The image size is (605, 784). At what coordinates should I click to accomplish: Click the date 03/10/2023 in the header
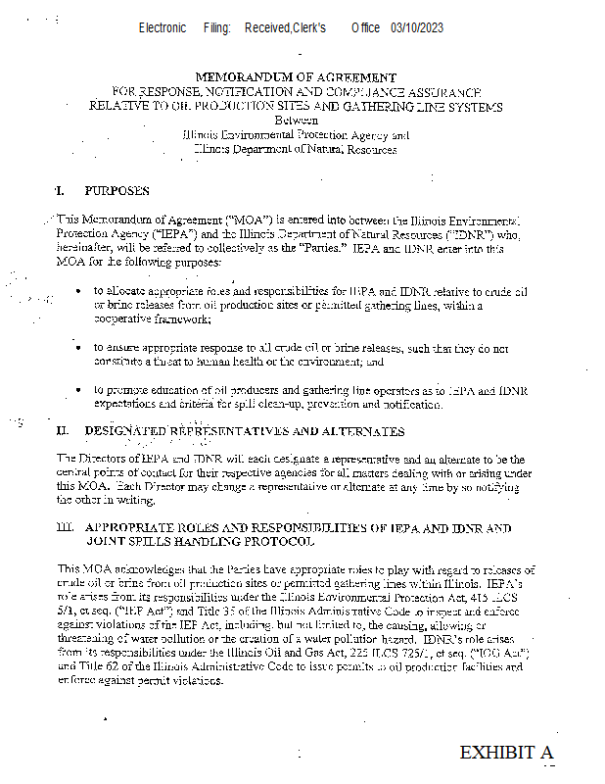(x=416, y=28)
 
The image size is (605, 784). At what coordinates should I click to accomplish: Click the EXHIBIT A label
(x=506, y=753)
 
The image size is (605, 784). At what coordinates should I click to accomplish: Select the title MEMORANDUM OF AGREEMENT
(x=296, y=76)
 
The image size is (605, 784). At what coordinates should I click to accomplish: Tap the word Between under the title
(x=296, y=121)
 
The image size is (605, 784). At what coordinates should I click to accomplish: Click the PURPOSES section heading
(x=116, y=190)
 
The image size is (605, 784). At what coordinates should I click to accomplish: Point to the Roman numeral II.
(x=62, y=430)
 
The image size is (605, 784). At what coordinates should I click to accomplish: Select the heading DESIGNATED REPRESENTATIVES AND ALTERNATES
(x=244, y=430)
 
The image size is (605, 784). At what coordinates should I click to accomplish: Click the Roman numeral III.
(x=65, y=527)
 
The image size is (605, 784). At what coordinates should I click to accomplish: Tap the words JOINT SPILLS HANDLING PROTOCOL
(x=200, y=541)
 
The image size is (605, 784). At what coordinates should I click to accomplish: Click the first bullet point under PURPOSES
(x=78, y=292)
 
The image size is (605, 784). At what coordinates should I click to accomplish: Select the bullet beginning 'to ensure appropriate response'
(x=78, y=347)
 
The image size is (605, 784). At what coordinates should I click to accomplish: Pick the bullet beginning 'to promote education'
(x=78, y=390)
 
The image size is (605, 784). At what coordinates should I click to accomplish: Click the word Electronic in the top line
(x=163, y=28)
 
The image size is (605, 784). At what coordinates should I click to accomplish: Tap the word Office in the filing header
(x=365, y=28)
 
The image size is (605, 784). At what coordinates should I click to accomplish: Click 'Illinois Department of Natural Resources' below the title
(x=295, y=149)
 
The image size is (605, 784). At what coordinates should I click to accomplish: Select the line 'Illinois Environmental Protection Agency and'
(x=296, y=135)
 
